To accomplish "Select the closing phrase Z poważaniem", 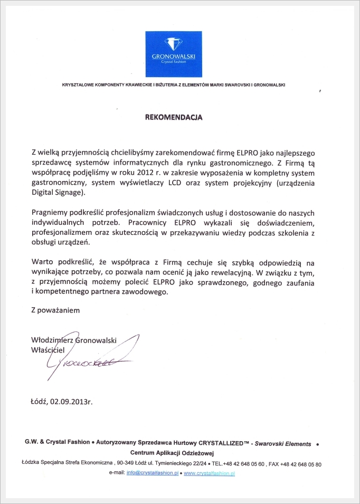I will point(55,310).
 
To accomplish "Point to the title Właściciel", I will point(48,349).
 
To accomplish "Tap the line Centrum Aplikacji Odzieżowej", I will point(172,453).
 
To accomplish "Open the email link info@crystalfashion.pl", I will point(151,473).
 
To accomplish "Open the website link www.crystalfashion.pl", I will point(209,473).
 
